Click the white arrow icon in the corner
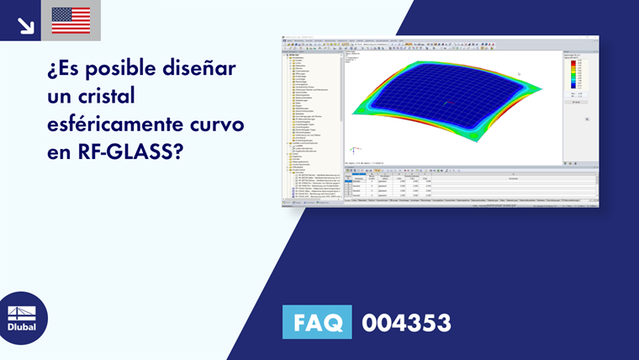(25, 24)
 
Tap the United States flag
(71, 20)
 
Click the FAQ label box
(317, 322)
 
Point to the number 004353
(406, 323)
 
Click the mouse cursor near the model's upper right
(519, 74)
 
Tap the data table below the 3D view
(471, 184)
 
